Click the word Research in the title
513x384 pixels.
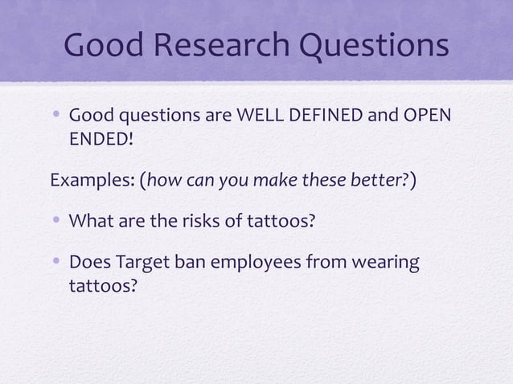coord(215,47)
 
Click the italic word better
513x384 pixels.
coord(384,178)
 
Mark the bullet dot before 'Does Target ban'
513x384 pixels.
coord(57,263)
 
